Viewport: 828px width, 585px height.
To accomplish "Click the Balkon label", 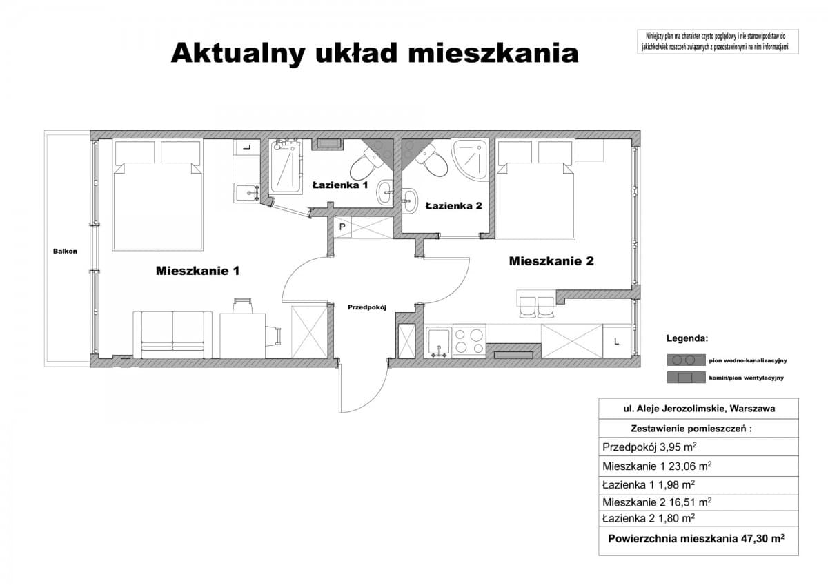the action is point(65,252).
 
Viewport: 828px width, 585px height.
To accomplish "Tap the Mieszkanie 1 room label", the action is point(198,271).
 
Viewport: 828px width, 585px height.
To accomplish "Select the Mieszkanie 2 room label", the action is point(551,261).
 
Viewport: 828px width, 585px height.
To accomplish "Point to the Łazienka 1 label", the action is point(340,185).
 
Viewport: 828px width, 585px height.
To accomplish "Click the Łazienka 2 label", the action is point(454,205).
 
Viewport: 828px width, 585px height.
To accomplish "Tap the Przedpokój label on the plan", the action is point(366,307).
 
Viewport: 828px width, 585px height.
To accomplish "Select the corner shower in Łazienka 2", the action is point(469,159).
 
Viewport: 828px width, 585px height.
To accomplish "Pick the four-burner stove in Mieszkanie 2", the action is point(469,341).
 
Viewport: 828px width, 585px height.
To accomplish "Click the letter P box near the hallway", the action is point(342,227).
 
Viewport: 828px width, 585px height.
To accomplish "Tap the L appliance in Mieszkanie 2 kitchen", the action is point(617,341).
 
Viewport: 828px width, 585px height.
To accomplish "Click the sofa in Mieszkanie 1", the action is point(172,335).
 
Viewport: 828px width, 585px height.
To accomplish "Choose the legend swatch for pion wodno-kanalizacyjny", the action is point(686,360).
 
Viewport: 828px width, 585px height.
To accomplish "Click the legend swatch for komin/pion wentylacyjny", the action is point(686,377).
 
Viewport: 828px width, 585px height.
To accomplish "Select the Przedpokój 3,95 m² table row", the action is point(698,447).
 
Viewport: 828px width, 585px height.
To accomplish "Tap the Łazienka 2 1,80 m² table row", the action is point(698,518).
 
